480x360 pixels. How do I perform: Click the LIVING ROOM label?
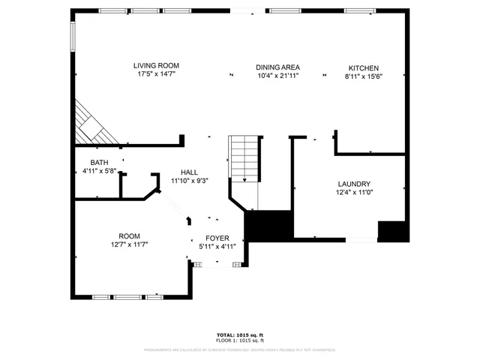(157, 66)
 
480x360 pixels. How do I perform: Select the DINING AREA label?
(278, 67)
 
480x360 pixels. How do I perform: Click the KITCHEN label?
(363, 67)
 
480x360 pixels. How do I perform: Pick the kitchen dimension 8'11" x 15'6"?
(363, 76)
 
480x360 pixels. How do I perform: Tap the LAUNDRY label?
(353, 184)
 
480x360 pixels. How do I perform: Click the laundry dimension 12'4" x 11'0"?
(353, 193)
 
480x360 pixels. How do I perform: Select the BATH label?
(99, 163)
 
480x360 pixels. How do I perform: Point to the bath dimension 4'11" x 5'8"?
(99, 172)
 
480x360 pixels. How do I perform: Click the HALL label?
(189, 172)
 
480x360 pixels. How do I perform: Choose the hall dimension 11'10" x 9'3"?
(189, 181)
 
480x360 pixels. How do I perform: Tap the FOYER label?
(217, 238)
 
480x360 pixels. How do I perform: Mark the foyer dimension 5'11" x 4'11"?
(217, 247)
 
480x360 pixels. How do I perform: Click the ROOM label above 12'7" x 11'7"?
(129, 235)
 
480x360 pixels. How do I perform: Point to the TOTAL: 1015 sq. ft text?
(240, 334)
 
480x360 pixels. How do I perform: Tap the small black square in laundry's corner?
(392, 231)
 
